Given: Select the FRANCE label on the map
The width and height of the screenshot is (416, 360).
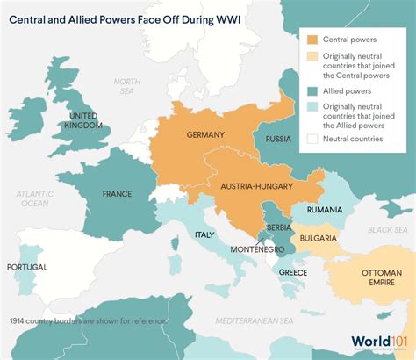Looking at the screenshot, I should pos(117,194).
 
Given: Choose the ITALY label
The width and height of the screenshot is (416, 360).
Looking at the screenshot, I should pos(204,234).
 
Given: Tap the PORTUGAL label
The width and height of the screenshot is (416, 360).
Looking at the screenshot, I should pos(27,266).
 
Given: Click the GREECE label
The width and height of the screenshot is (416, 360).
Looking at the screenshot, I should pos(293,272).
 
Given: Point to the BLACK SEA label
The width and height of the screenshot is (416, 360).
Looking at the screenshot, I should pos(389,229).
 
